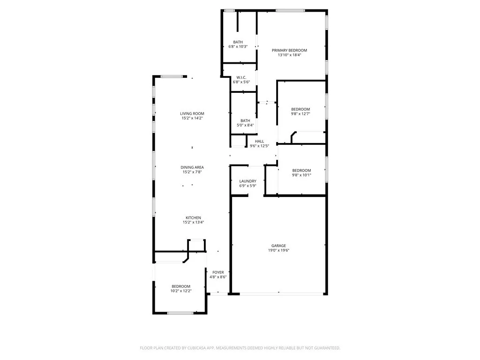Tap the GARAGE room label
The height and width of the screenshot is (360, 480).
click(x=278, y=246)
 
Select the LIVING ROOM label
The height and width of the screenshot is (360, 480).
click(x=192, y=113)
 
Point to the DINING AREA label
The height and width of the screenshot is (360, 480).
click(x=192, y=167)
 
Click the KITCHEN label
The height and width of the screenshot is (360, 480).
click(x=193, y=218)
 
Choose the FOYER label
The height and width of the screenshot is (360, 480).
click(x=218, y=272)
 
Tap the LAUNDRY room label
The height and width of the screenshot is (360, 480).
click(x=247, y=181)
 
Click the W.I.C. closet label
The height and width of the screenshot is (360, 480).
click(x=241, y=77)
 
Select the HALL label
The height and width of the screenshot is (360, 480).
click(x=259, y=141)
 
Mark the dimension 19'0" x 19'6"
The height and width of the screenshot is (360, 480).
click(x=278, y=250)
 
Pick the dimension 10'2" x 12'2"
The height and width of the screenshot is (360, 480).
click(x=180, y=291)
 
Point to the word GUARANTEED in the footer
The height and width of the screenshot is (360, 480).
click(x=325, y=348)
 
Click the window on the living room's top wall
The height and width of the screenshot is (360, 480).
click(x=172, y=76)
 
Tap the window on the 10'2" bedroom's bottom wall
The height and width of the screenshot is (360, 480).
click(x=180, y=313)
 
